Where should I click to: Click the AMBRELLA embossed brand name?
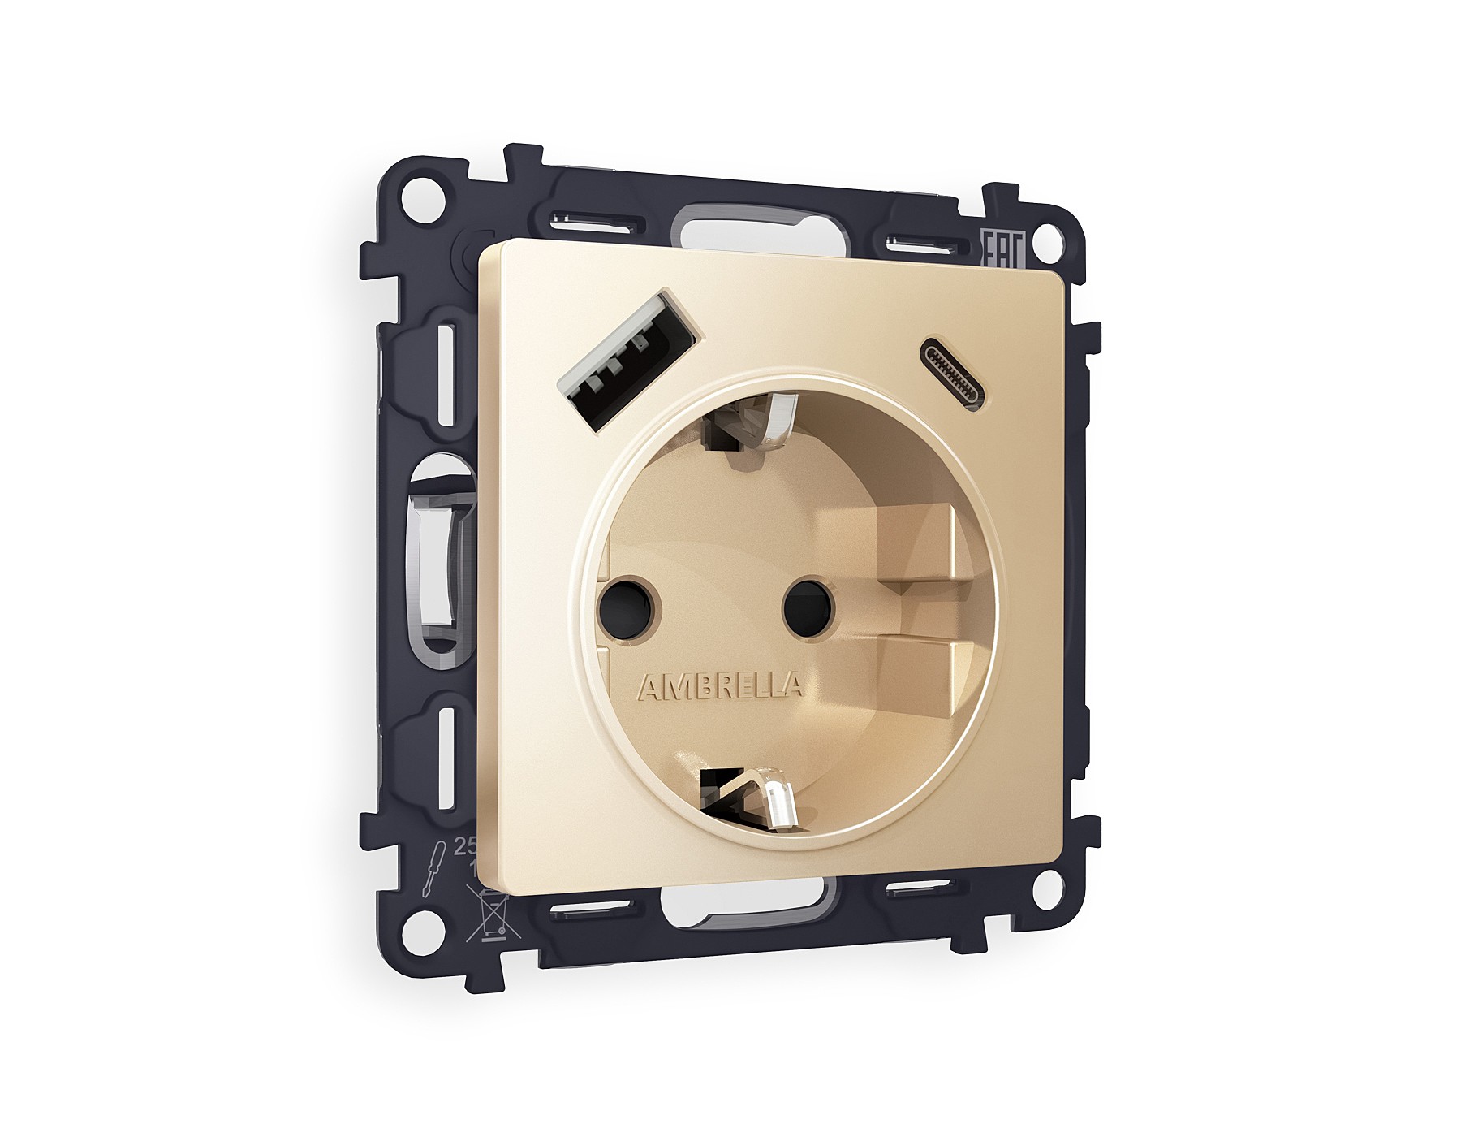pyautogui.click(x=722, y=687)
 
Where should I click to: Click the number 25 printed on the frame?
pyautogui.click(x=463, y=848)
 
